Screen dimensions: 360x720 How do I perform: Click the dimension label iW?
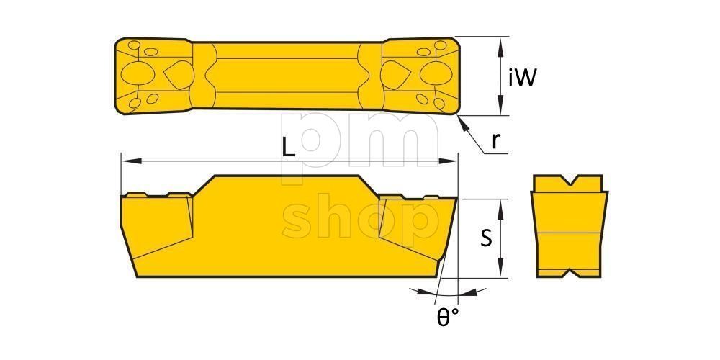pos(522,78)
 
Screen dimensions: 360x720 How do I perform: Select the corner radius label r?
pos(495,140)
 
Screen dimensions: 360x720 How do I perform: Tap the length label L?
pos(288,148)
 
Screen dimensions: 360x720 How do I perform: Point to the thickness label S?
pos(487,238)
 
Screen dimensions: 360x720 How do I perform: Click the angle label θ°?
pos(446,318)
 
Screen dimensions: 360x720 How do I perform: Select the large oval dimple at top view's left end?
pos(136,74)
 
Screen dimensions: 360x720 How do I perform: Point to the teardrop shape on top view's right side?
pos(395,74)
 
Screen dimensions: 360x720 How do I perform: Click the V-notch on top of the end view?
pos(568,181)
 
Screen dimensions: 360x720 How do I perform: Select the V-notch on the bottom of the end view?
pos(568,275)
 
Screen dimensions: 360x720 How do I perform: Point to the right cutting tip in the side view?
pos(455,199)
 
